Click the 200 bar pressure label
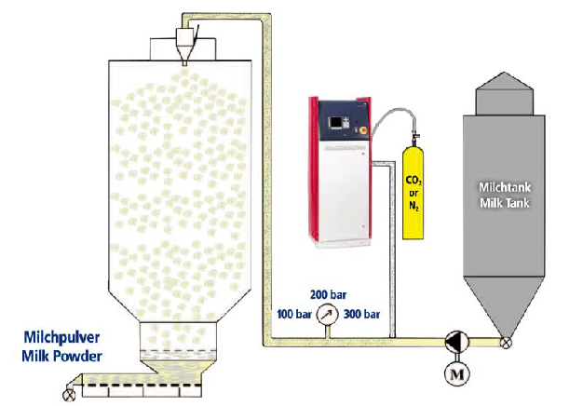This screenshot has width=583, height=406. tap(329, 295)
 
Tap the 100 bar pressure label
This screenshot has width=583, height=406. tap(294, 314)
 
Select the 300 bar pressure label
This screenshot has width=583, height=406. tap(361, 314)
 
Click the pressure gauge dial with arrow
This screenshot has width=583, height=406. tap(327, 315)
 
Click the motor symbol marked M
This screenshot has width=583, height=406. tap(457, 373)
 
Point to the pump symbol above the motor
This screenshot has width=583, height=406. tap(457, 342)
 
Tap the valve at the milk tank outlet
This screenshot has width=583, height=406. tap(506, 342)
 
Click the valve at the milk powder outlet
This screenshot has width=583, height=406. tap(69, 395)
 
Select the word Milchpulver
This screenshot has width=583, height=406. tap(61, 337)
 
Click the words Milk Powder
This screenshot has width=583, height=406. tap(61, 356)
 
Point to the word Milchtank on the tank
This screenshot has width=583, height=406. tap(505, 186)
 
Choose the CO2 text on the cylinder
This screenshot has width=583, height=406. tap(414, 181)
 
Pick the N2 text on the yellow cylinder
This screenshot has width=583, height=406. tap(414, 205)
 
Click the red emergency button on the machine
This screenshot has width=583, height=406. tap(362, 129)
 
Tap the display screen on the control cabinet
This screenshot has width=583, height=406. tap(336, 122)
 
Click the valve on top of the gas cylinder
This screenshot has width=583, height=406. tap(414, 138)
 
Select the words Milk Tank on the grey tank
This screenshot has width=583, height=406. tap(505, 203)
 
